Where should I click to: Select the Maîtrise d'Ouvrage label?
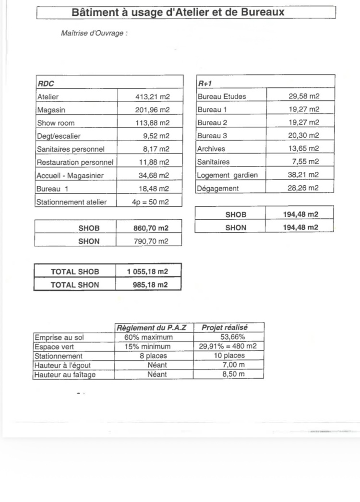94,34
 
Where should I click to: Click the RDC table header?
46,84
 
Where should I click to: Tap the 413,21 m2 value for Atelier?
153,96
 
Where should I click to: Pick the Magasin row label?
50,110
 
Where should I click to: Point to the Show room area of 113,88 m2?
153,123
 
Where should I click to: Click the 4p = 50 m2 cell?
151,202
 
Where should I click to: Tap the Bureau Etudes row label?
222,96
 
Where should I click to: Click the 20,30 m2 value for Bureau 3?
303,136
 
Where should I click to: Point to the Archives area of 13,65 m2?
303,149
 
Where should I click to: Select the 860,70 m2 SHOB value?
151,227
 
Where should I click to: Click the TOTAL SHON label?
75,285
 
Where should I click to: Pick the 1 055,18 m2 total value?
148,272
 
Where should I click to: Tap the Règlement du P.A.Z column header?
152,328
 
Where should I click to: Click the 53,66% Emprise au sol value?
229,337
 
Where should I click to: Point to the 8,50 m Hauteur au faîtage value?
234,374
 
